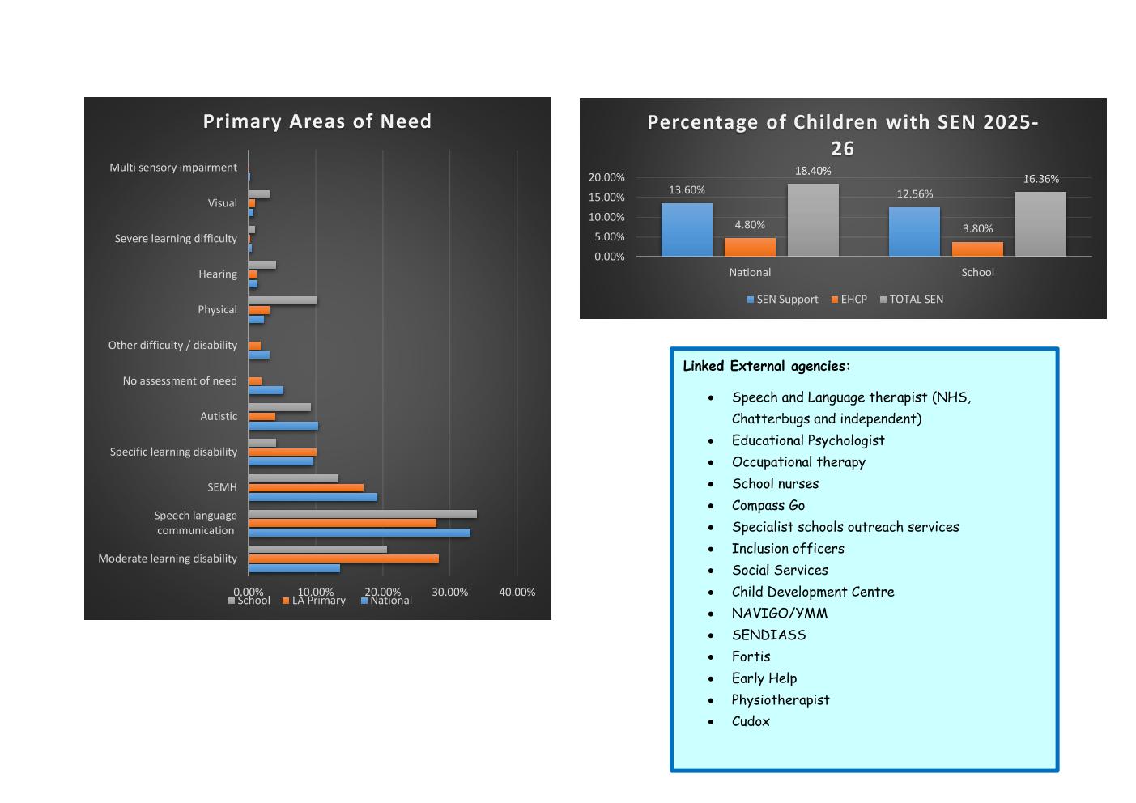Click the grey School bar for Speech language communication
click(x=363, y=514)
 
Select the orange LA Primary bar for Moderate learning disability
click(x=344, y=559)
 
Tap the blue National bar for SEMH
click(x=313, y=497)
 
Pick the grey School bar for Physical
click(x=283, y=300)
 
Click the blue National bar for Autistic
click(x=283, y=426)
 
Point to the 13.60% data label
click(x=687, y=190)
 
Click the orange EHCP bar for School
click(x=977, y=249)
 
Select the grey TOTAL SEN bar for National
click(x=813, y=220)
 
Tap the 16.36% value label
click(x=1040, y=179)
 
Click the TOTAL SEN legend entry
click(x=912, y=299)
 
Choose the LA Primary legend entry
click(x=314, y=601)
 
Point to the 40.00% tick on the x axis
click(x=517, y=592)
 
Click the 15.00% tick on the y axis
click(x=606, y=198)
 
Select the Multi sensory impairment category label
click(x=173, y=168)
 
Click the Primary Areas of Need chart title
click(x=317, y=121)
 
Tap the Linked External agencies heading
click(x=766, y=366)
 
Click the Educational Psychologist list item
click(x=808, y=440)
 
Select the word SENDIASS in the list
click(x=769, y=635)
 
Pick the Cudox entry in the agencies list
click(x=751, y=721)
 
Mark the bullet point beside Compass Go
click(x=711, y=506)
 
